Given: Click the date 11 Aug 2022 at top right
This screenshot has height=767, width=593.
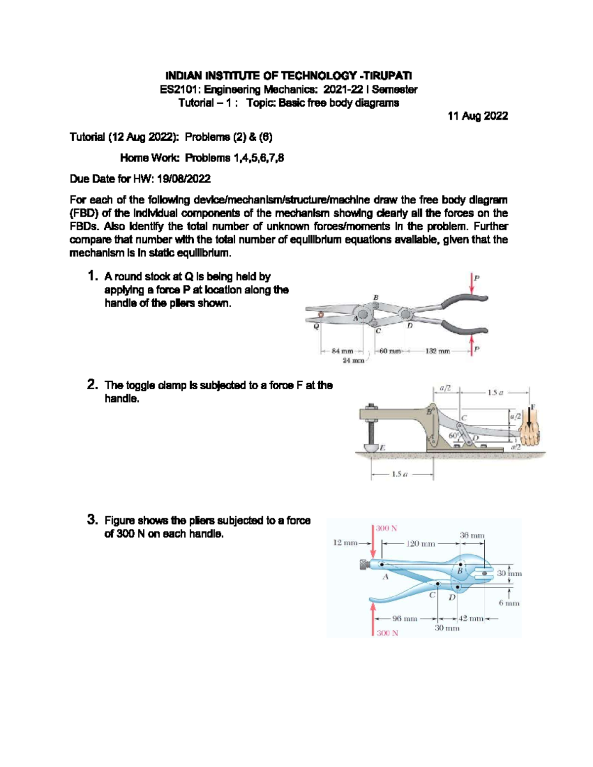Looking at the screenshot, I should tap(477, 116).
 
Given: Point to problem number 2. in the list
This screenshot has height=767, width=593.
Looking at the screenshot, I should tap(92, 385).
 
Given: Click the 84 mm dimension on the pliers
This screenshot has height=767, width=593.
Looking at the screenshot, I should tap(342, 351).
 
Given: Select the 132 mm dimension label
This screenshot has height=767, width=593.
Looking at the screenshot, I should tap(437, 351).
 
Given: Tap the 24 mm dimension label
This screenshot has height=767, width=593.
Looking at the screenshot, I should tap(353, 361).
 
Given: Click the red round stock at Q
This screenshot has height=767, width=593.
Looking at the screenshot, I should tap(320, 314).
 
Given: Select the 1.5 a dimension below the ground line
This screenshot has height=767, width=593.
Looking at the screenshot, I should tap(399, 475).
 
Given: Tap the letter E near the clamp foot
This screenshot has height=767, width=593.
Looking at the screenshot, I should tap(382, 447).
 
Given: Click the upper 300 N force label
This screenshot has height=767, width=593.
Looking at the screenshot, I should tap(386, 528).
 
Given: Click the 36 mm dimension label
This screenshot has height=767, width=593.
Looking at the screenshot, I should tap(472, 535).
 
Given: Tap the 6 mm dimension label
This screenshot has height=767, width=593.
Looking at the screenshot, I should tap(509, 603).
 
